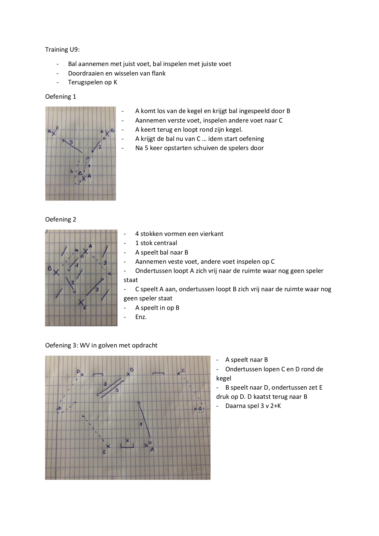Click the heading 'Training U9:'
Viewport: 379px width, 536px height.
point(62,50)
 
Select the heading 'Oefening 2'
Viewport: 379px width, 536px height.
point(60,219)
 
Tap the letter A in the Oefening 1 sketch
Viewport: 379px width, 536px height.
point(89,176)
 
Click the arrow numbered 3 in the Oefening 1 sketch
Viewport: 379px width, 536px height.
point(72,146)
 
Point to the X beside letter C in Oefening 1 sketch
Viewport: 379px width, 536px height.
point(54,133)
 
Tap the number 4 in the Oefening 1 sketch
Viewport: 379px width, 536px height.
point(72,171)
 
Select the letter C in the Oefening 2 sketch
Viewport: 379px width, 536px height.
point(85,308)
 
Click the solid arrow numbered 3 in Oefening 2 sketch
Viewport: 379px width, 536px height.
point(94,287)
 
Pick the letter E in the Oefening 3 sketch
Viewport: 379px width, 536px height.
point(104,452)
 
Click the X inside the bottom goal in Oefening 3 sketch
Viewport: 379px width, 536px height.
point(127,440)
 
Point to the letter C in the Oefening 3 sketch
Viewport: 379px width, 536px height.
point(183,371)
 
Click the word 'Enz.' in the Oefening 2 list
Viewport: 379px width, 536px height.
point(141,317)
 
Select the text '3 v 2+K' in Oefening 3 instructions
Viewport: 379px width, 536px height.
point(269,406)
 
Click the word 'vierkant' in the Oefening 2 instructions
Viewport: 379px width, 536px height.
point(212,234)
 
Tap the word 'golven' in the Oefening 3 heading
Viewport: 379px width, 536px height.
point(109,345)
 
